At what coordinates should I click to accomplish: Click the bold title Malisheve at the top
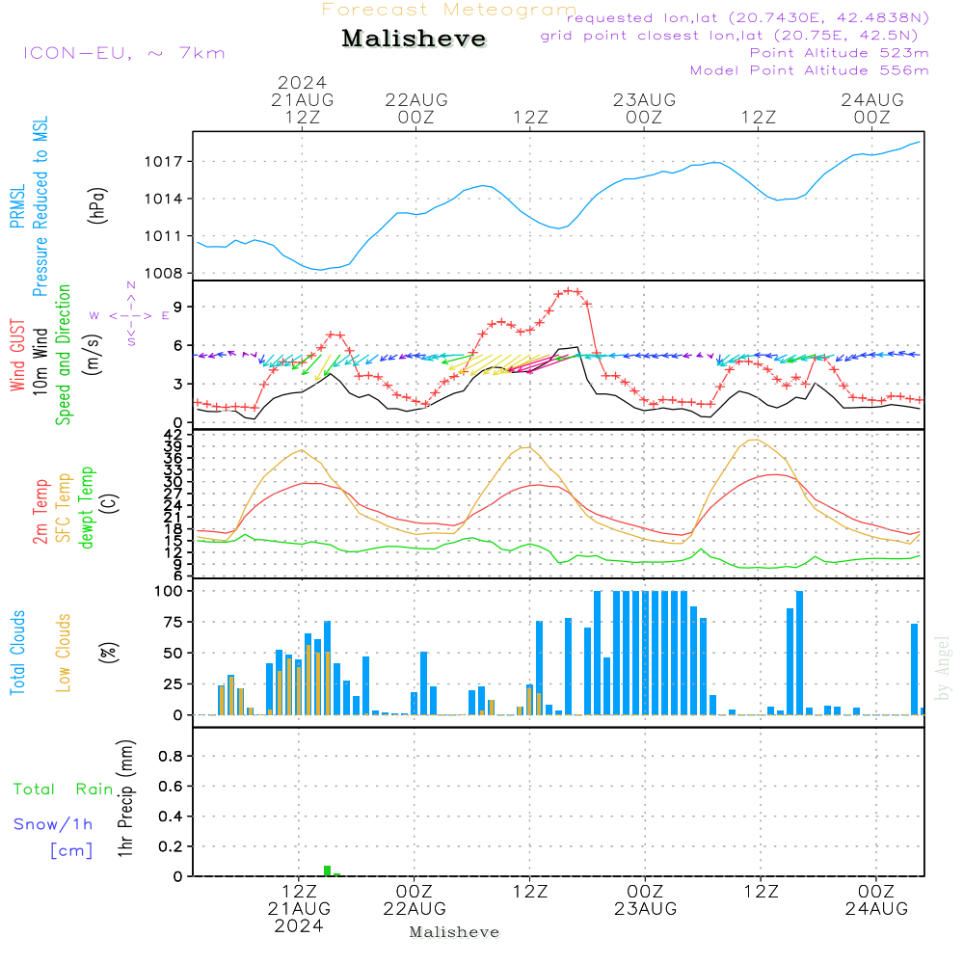pyautogui.click(x=414, y=39)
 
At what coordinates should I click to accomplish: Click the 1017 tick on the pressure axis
pyautogui.click(x=164, y=162)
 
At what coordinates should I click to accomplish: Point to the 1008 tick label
pyautogui.click(x=164, y=273)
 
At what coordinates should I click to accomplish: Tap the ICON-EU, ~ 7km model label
pyautogui.click(x=124, y=53)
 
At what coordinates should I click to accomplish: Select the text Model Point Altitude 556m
pyautogui.click(x=809, y=70)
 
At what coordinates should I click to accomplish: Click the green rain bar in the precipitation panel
pyautogui.click(x=328, y=870)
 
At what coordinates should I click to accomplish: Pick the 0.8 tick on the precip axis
pyautogui.click(x=171, y=756)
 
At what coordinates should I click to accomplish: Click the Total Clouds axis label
pyautogui.click(x=17, y=653)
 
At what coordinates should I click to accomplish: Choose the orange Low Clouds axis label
pyautogui.click(x=64, y=653)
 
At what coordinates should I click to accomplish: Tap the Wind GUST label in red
pyautogui.click(x=17, y=355)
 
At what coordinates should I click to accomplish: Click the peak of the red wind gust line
pyautogui.click(x=570, y=291)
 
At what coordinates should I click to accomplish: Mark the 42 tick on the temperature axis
pyautogui.click(x=174, y=435)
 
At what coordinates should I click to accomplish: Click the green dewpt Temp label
pyautogui.click(x=86, y=507)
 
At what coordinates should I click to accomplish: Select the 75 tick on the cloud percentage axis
pyautogui.click(x=173, y=622)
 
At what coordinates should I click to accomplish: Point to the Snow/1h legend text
pyautogui.click(x=53, y=824)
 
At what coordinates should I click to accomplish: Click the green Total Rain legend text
pyautogui.click(x=64, y=789)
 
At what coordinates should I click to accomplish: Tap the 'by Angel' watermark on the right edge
pyautogui.click(x=943, y=668)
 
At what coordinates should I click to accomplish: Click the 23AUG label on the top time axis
pyautogui.click(x=644, y=99)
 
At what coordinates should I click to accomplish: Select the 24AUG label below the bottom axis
pyautogui.click(x=876, y=908)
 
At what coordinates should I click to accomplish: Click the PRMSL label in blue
pyautogui.click(x=17, y=206)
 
